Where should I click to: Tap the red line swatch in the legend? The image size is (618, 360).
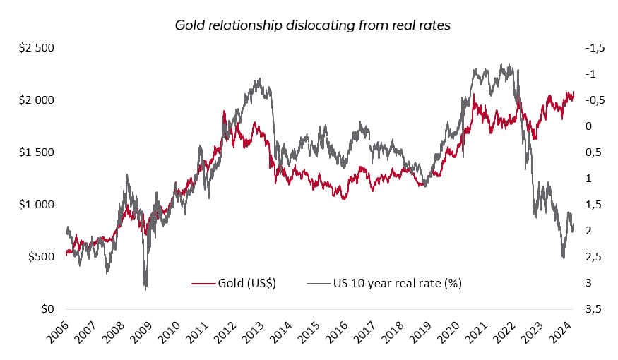203,283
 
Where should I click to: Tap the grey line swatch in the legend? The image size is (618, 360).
319,283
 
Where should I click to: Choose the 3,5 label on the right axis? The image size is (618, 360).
592,309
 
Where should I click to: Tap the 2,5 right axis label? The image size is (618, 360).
592,257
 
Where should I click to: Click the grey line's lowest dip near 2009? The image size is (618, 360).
146,289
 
